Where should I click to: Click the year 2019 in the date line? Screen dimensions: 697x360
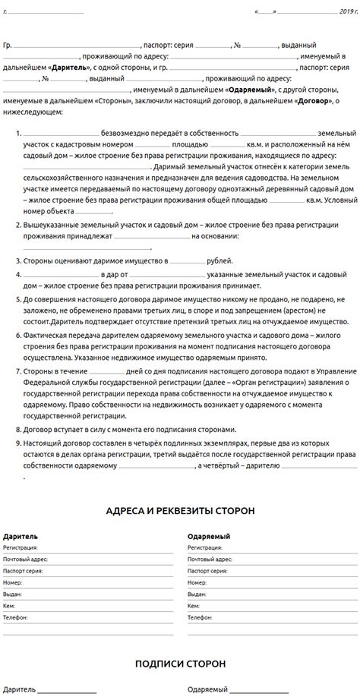click(347, 12)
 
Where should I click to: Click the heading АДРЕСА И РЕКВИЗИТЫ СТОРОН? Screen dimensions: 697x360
click(180, 511)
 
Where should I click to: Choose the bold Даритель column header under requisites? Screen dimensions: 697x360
click(18, 536)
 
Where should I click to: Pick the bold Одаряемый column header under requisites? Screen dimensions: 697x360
click(209, 536)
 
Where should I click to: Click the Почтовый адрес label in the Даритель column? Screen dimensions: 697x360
click(25, 558)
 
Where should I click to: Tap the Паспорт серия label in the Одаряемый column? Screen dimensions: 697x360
click(208, 569)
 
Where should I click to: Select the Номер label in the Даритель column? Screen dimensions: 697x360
click(13, 582)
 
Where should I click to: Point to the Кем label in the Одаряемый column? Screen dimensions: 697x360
click(194, 606)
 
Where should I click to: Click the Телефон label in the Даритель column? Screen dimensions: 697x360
click(15, 618)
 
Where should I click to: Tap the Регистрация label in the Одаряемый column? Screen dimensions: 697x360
click(207, 547)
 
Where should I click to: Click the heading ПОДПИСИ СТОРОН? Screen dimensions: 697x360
click(180, 663)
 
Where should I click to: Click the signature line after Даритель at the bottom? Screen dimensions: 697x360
click(67, 692)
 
